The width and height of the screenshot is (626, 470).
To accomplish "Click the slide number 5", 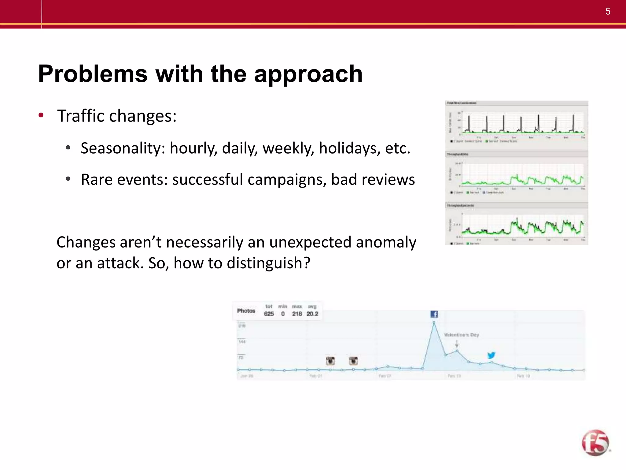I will [608, 12].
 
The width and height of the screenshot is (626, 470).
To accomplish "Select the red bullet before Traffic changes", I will [41, 116].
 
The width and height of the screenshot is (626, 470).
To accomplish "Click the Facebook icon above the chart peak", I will [434, 314].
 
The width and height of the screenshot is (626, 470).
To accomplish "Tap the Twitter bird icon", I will [491, 355].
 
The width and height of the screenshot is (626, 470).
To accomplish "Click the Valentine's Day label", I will [461, 335].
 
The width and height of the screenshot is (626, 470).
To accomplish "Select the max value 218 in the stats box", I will [297, 314].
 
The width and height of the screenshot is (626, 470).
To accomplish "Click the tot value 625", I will [269, 314].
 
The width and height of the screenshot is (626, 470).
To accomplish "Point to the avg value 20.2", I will [312, 314].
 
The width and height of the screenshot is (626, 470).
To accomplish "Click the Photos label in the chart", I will [246, 311].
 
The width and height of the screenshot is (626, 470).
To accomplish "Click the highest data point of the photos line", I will [434, 323].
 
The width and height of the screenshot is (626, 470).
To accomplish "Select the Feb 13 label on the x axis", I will [454, 376].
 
